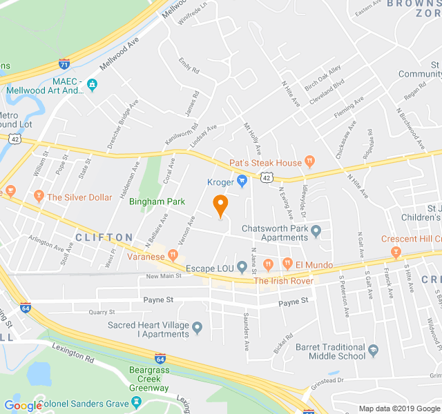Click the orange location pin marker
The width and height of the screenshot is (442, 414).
click(220, 205)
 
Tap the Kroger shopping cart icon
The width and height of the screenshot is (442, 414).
click(242, 182)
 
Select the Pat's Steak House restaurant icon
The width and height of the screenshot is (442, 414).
click(310, 163)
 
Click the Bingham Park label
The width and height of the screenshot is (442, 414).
click(157, 201)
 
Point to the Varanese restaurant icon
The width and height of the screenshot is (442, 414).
click(173, 257)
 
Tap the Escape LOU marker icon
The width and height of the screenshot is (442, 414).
click(242, 266)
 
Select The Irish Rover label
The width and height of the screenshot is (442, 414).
click(283, 281)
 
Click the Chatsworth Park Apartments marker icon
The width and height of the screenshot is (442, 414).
click(316, 230)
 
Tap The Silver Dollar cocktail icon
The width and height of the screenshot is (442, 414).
click(39, 197)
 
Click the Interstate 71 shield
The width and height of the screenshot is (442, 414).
click(64, 64)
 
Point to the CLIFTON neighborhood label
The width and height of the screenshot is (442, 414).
click(104, 237)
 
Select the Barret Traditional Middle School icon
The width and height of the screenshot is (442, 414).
click(374, 351)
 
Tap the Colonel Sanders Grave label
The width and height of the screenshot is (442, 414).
click(86, 404)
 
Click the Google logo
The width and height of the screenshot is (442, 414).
click(23, 405)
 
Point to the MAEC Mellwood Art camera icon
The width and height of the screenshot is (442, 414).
click(93, 86)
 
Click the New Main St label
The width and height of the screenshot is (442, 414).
click(164, 276)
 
